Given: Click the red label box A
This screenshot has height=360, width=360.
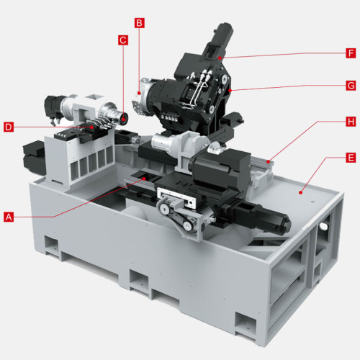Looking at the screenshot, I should tap(9, 215).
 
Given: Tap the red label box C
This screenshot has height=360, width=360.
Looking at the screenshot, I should tap(123, 41).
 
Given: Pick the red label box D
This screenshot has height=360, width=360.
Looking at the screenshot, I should tap(9, 127).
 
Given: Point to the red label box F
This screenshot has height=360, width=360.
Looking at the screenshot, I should tap(351, 53).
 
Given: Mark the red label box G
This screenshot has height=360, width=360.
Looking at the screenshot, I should tap(351, 85).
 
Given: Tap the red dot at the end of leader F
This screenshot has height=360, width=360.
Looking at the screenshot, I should tap(223, 57).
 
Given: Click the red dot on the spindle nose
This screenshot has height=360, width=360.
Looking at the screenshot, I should tap(124, 115).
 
